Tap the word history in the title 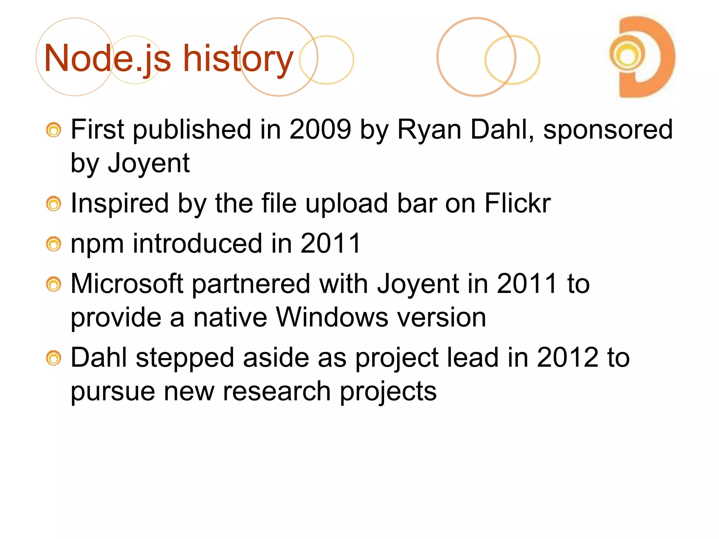[x=238, y=59]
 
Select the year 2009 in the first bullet [x=320, y=129]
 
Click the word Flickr [x=517, y=203]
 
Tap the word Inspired [x=119, y=204]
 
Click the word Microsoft [x=127, y=284]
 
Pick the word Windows [x=332, y=317]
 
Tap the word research [x=277, y=391]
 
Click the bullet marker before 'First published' [x=54, y=130]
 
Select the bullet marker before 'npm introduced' [x=54, y=244]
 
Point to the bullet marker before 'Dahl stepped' [x=54, y=358]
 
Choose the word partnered [x=251, y=284]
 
